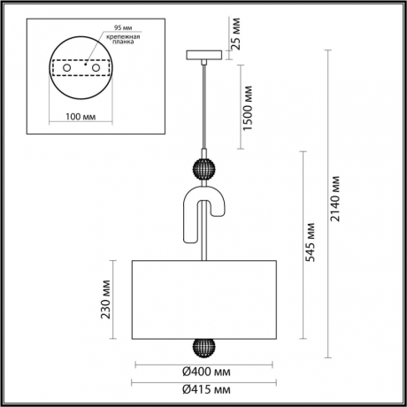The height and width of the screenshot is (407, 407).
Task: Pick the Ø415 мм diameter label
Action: click(x=206, y=390)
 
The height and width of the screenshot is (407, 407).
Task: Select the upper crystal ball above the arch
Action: click(x=204, y=169)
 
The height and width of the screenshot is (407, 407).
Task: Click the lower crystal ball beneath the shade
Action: click(x=204, y=345)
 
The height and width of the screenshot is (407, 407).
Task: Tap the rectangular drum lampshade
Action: click(x=204, y=299)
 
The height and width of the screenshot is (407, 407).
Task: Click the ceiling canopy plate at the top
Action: click(x=204, y=56)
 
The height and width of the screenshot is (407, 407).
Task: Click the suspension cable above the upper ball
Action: click(x=204, y=106)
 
